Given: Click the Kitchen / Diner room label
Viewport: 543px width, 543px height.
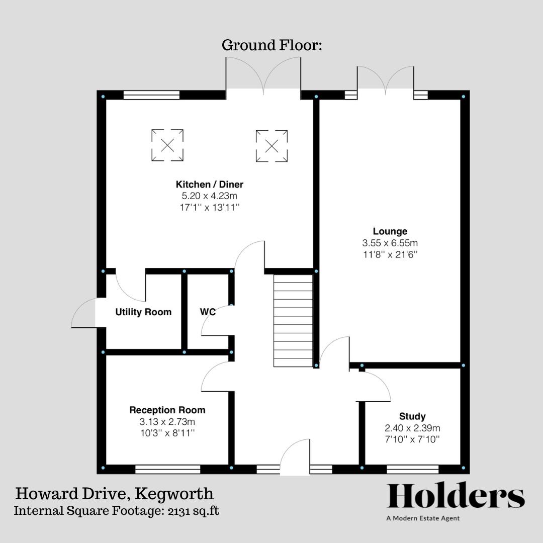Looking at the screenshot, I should pos(209,185).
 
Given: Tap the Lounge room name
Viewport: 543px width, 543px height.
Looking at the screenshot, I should pos(390,231).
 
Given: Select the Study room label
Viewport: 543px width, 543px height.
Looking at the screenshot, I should pos(412,416).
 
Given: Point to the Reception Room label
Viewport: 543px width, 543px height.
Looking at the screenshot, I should pos(167,410).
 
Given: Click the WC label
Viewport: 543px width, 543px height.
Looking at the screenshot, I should pos(208,312).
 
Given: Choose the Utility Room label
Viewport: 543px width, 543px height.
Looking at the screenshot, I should pos(143,312).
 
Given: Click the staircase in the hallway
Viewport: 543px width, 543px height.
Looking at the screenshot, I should pos(293,323).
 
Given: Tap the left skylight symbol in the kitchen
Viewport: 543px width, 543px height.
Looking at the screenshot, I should pos(167,146).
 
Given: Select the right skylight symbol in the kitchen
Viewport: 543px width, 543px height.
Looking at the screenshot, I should pos(271,146).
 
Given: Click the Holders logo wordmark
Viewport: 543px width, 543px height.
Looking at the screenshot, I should pos(456,496).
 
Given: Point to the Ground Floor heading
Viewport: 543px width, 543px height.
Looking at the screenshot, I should pos(271,45).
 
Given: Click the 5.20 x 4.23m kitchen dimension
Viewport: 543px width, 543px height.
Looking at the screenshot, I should pos(209,197).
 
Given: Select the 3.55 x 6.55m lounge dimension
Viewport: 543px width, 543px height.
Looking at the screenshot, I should pos(390,243).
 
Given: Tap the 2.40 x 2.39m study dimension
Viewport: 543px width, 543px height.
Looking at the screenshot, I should pos(412,428).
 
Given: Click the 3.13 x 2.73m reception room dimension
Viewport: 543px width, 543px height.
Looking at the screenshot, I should pos(167,422).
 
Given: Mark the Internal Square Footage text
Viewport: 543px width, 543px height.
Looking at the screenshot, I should pos(116,511).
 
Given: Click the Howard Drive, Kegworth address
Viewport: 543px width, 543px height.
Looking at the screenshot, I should pos(115,493).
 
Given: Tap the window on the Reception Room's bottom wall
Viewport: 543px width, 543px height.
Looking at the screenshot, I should pos(167,469).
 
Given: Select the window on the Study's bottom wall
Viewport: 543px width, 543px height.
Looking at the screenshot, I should pos(412,469).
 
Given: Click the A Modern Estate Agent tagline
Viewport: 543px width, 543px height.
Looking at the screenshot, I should pos(423,518).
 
